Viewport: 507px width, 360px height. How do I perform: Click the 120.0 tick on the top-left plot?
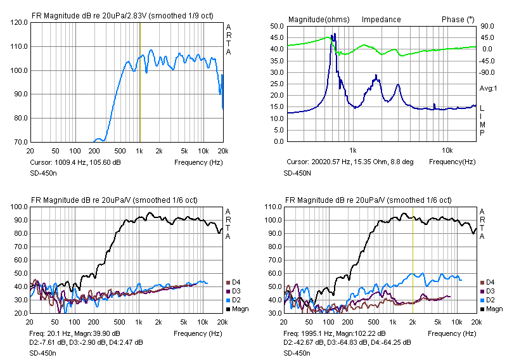[18, 22]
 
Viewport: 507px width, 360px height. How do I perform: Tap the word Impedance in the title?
[381, 20]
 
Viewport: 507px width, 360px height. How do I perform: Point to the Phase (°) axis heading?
[458, 20]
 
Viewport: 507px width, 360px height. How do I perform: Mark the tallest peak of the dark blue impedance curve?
[334, 34]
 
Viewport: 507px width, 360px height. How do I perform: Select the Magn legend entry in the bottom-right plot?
[494, 309]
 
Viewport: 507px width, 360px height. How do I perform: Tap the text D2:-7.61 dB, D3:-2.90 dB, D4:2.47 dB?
[86, 342]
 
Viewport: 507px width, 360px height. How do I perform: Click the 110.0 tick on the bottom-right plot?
[273, 207]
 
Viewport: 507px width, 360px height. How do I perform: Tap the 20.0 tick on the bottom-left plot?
[20, 313]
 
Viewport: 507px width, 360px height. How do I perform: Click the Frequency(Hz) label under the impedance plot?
[452, 162]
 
